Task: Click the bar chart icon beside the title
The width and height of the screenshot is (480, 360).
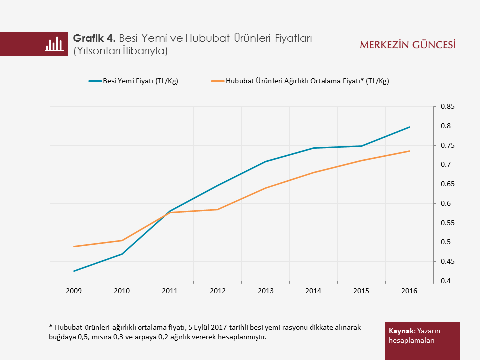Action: click(54, 44)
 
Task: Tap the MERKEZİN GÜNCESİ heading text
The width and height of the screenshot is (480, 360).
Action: click(408, 45)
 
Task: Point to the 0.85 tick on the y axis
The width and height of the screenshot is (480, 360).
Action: click(447, 107)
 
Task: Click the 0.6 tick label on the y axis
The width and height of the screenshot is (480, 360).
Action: click(445, 204)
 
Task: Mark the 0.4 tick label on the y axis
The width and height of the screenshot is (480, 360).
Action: click(445, 281)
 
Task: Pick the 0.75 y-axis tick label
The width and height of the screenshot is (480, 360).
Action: click(447, 146)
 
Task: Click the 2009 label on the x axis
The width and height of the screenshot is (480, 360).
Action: click(74, 290)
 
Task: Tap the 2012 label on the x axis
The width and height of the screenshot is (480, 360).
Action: click(218, 290)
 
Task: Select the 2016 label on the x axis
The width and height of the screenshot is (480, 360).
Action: click(410, 290)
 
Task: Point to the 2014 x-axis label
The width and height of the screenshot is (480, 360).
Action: click(314, 290)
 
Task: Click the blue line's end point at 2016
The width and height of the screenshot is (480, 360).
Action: click(410, 127)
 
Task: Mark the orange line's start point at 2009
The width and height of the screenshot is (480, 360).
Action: click(74, 246)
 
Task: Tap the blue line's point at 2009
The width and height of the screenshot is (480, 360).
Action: click(74, 271)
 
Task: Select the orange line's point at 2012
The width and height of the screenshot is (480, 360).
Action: click(218, 209)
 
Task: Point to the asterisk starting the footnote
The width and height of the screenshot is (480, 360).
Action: click(51, 327)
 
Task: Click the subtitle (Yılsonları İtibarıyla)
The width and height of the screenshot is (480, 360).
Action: click(120, 51)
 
